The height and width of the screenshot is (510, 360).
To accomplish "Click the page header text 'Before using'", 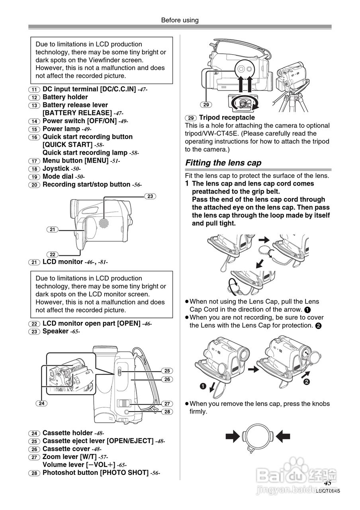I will [x=180, y=20].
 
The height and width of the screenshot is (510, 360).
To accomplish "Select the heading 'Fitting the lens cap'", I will [x=223, y=163].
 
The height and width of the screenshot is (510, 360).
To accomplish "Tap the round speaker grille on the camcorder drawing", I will [x=104, y=223].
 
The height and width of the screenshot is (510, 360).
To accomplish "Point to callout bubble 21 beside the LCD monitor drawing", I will [x=52, y=229].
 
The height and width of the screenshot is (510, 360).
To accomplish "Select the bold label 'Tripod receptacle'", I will [x=227, y=118].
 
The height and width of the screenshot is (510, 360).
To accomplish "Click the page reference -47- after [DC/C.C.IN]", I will [x=143, y=89].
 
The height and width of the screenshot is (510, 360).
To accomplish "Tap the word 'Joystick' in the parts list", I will [x=56, y=169].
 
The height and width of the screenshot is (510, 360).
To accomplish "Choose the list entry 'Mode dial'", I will [x=58, y=177].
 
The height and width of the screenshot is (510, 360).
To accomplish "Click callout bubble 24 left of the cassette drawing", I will [x=41, y=403].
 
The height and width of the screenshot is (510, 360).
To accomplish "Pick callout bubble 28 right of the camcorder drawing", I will [x=167, y=412].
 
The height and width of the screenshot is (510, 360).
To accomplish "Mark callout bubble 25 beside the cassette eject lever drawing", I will [x=167, y=371].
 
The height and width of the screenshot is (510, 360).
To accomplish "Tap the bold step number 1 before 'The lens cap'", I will [x=187, y=184].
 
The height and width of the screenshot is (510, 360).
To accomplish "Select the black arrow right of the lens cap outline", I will [x=283, y=436].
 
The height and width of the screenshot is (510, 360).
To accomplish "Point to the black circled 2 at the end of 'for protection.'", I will [x=318, y=326].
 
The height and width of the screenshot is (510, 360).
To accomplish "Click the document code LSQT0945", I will [x=328, y=491].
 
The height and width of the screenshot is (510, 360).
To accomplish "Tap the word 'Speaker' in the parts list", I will [x=55, y=331].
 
